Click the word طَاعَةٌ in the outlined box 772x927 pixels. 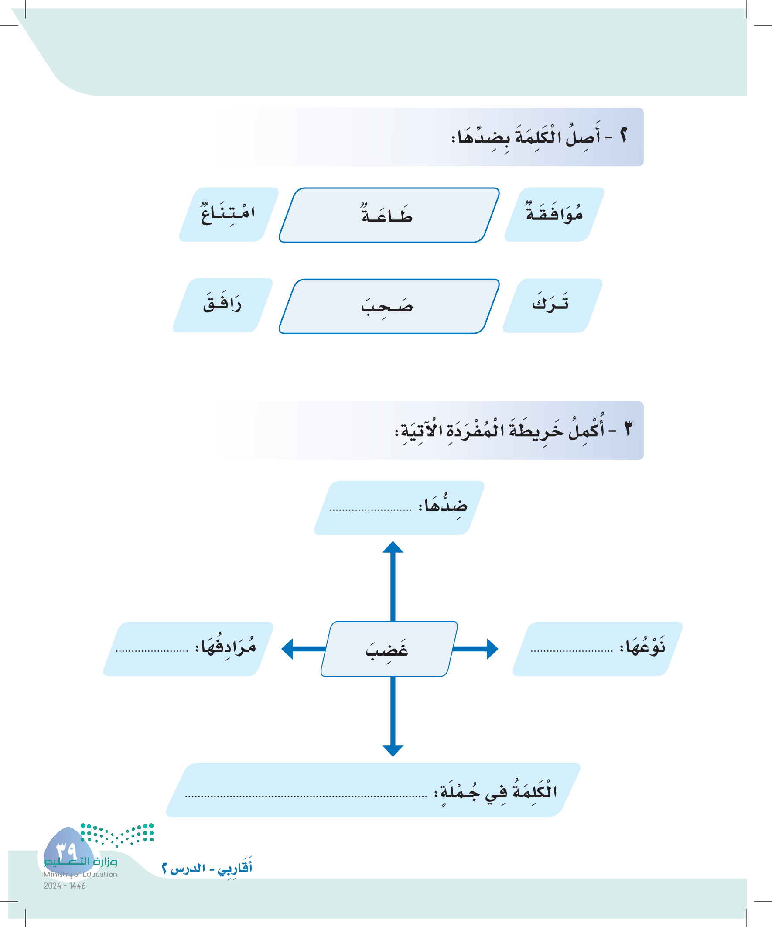click(x=387, y=215)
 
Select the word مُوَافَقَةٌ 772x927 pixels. click(x=554, y=214)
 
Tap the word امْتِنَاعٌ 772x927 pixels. click(x=228, y=214)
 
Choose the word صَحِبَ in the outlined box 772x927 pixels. click(x=387, y=306)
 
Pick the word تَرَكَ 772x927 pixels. click(x=550, y=304)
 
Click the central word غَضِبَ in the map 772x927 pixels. click(x=387, y=650)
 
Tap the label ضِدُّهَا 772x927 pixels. click(x=444, y=506)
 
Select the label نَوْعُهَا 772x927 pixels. click(x=642, y=647)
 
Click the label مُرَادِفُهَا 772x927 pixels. click(x=226, y=647)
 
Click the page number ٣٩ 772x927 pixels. click(x=67, y=849)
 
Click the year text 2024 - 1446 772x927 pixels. click(x=65, y=886)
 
